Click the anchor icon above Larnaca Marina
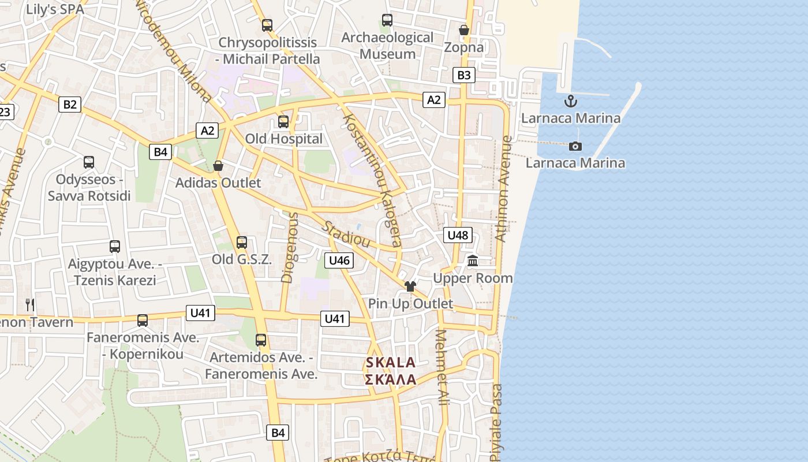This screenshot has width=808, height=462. pos(570,102)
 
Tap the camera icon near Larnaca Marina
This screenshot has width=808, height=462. pos(575,146)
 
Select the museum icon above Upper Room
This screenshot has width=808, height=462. pos(473,261)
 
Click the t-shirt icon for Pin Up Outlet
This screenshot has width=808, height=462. pos(410,286)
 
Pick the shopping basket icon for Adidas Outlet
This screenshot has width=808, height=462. pos(218,166)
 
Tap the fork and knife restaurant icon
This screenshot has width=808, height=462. pos(30,304)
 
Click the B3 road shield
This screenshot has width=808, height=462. pos(464,74)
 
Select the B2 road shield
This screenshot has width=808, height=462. pos(70,105)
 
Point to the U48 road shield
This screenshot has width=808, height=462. pos(458,235)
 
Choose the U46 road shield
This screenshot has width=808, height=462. pos(339,260)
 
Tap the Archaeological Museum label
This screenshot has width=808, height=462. pos(387,46)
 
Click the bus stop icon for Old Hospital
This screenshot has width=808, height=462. pos(283,122)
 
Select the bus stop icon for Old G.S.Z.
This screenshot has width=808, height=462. pos(242,243)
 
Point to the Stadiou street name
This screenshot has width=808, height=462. pos(346,234)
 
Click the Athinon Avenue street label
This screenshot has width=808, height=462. pos(503,188)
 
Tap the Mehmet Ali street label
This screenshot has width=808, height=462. pos(442,367)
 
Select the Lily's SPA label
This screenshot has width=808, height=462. pos(55,9)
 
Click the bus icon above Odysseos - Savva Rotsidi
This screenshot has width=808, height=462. pos(88,162)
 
